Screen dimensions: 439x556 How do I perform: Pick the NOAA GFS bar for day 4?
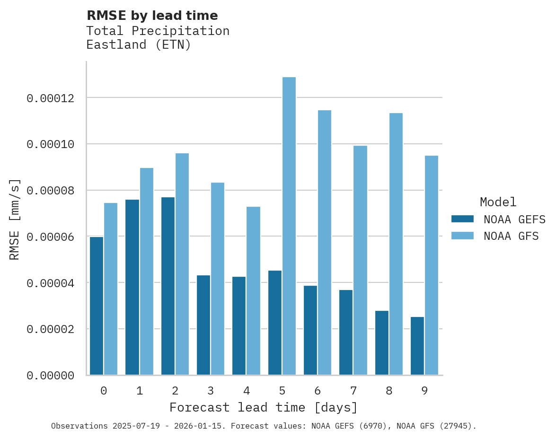coord(253,290)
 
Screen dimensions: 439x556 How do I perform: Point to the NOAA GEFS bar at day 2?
coord(168,286)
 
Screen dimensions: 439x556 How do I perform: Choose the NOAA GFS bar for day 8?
coord(396,244)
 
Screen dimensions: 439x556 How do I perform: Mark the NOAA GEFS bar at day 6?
coord(310,330)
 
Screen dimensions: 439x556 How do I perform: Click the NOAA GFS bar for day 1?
coord(146,271)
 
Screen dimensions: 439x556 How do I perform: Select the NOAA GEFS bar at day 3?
coord(203,325)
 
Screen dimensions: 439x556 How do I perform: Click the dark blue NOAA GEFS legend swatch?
coord(462,219)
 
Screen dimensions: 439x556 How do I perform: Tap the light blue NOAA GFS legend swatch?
coord(462,235)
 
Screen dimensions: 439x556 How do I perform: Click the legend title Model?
coord(498,202)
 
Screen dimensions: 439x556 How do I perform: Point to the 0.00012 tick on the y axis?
coord(50,98)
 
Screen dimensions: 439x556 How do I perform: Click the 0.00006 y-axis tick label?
coord(50,237)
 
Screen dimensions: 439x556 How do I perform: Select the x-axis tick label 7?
coord(353,391)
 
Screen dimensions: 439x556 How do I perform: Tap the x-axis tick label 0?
coord(104,391)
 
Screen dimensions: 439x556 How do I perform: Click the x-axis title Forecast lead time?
coord(264,407)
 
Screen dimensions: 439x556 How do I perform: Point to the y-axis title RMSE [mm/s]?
coord(15,219)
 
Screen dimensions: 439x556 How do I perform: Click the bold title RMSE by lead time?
coord(152,16)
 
